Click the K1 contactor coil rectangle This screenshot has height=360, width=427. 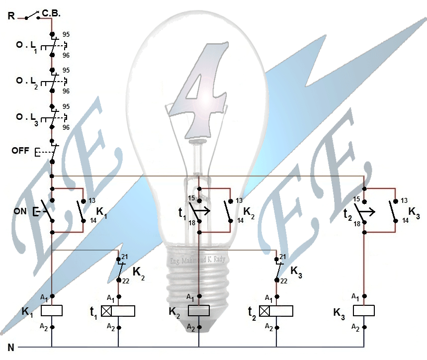51,311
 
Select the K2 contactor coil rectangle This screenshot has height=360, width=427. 198,311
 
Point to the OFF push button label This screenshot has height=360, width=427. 20,150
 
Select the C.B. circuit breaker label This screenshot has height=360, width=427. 51,14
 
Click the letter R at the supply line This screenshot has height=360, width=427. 11,16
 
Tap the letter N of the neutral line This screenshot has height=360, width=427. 10,348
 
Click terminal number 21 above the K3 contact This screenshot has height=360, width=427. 283,256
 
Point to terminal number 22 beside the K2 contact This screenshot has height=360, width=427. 125,281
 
